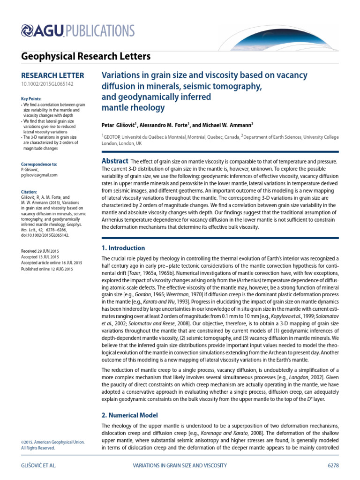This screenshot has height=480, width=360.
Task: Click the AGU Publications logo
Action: (78, 31)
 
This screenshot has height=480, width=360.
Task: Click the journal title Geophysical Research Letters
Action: (86, 57)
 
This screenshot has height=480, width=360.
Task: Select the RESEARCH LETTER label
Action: (53, 75)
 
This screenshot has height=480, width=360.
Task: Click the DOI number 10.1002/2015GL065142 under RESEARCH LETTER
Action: (47, 84)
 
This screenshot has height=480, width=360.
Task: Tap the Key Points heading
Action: (31, 99)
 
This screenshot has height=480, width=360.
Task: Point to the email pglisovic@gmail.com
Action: (39, 175)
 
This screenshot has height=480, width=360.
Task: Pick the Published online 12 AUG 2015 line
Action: (47, 269)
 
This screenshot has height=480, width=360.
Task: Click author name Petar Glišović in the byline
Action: (124, 125)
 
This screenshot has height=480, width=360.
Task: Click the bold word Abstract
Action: (115, 161)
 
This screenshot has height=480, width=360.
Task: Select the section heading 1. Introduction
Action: (123, 248)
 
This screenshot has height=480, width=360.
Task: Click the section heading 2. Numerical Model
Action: (129, 415)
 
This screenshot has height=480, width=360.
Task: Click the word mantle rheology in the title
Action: (134, 108)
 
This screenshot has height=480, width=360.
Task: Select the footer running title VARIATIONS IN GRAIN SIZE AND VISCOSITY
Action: (180, 465)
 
